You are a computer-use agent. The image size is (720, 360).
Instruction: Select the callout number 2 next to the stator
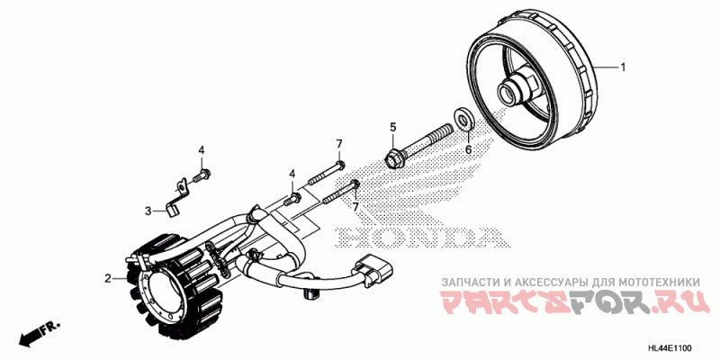coord(107,279)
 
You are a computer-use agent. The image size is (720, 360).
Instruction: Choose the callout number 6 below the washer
coord(468,149)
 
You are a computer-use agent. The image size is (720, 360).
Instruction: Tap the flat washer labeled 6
coord(465,118)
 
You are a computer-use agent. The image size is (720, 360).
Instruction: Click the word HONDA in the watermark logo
coord(418,238)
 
